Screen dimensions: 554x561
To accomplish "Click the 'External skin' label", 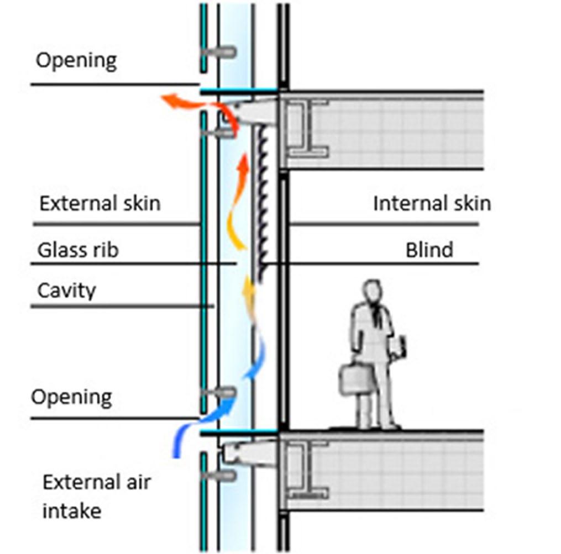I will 99,203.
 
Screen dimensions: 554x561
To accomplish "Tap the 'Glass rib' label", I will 78,250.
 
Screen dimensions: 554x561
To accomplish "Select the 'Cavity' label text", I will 66,291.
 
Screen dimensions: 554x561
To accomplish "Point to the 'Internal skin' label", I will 432,203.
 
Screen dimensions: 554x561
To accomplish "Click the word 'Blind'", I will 429,250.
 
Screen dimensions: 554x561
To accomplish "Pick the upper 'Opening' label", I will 76,60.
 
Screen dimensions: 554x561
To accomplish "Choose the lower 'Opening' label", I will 71,397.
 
